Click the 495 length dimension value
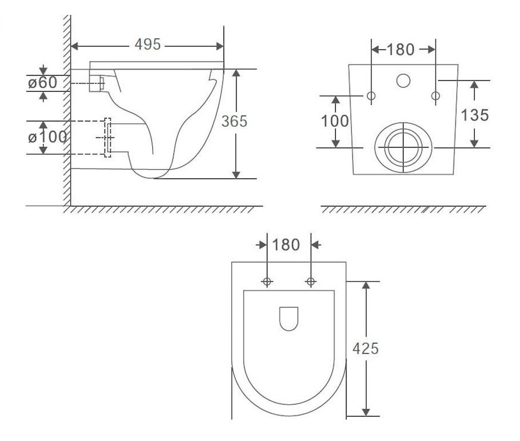[147, 44]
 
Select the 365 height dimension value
[234, 121]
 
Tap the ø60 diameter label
[42, 83]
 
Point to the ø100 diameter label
[48, 137]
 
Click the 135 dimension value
[475, 115]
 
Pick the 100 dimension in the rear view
[335, 121]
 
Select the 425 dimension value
[365, 349]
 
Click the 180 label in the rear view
[401, 50]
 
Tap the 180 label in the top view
[286, 245]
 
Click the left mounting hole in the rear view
[371, 96]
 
